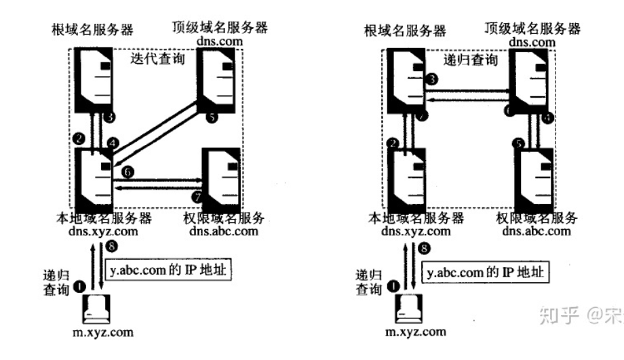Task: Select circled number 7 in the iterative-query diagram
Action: [198, 197]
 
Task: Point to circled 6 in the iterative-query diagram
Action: [129, 172]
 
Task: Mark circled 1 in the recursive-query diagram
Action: [394, 286]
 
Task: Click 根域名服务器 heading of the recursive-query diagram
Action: [404, 31]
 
